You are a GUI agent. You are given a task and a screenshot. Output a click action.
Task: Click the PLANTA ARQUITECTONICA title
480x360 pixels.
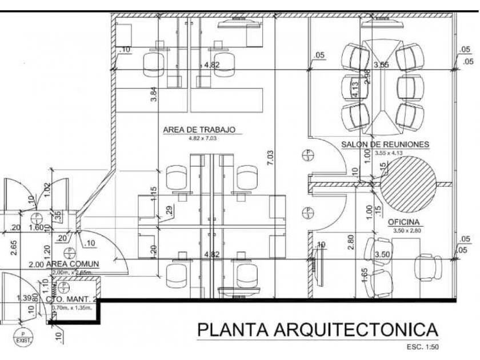[317, 330]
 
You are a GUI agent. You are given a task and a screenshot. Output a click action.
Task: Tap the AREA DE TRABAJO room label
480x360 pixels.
[199, 130]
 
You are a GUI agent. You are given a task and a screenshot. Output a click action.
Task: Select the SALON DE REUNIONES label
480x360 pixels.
[385, 145]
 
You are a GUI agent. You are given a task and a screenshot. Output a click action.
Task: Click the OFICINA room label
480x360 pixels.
[404, 222]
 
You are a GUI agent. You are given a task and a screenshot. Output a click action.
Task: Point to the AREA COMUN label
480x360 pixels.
[72, 264]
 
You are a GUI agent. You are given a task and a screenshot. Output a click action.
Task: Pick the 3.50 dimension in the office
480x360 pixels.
[382, 254]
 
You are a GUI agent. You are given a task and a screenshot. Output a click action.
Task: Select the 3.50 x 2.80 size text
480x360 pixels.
[406, 230]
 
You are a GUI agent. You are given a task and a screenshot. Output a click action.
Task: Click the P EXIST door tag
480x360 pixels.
[22, 337]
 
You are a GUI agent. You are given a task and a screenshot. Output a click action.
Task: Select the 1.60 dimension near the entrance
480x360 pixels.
[36, 227]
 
